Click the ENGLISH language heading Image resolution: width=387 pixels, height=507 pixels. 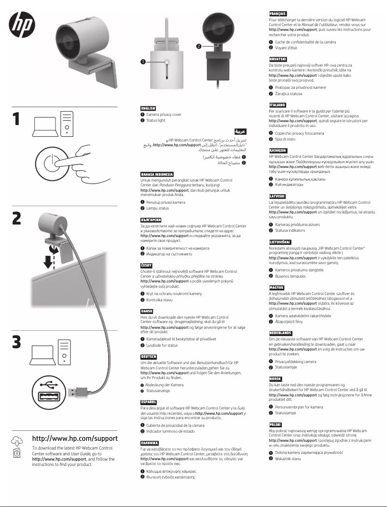pos(148,108)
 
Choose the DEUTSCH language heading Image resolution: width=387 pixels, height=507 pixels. pos(148,357)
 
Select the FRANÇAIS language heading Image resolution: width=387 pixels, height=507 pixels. pos(278,14)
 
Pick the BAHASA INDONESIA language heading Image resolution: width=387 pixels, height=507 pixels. pos(157,174)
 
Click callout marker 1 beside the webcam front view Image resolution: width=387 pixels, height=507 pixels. pos(143,62)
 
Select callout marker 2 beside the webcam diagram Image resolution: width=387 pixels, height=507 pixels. pos(198,46)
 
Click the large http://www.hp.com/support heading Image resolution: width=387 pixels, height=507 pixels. pos(74,438)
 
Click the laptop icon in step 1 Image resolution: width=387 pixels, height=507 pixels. pos(44,126)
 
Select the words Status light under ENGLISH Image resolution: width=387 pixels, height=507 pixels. pos(156,120)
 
